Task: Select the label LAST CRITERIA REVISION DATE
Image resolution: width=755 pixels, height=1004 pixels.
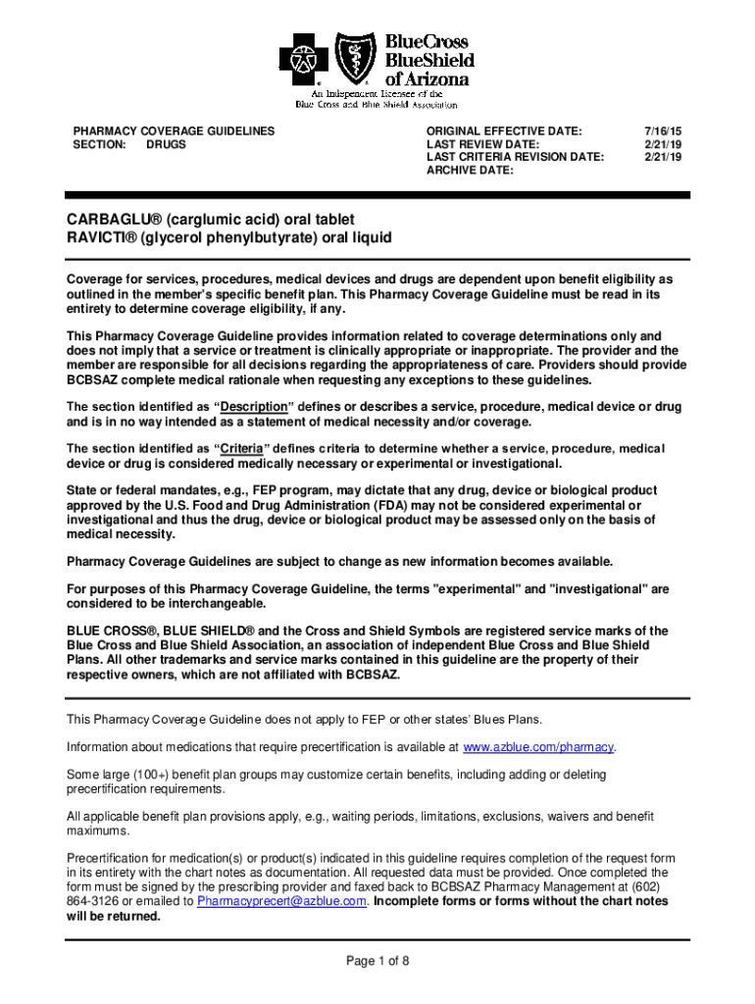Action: tap(515, 157)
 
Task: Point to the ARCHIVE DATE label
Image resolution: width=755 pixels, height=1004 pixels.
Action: tap(470, 171)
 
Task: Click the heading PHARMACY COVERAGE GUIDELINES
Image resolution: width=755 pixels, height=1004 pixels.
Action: tap(175, 130)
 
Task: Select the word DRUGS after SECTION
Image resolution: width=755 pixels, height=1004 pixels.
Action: tap(166, 144)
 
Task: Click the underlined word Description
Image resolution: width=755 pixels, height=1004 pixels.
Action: tap(253, 407)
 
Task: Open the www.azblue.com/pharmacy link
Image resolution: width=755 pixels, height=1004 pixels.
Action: tap(538, 747)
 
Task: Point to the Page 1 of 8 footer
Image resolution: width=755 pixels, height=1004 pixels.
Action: tap(377, 961)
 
